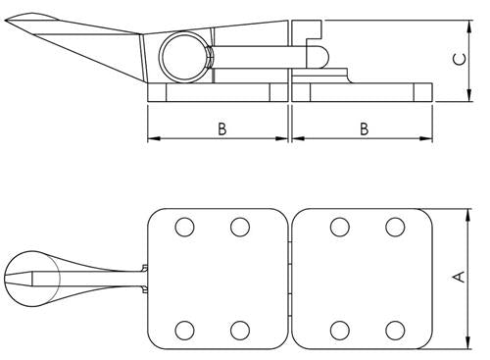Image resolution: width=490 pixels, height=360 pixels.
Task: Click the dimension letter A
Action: [457, 278]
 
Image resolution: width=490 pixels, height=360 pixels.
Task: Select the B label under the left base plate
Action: [222, 129]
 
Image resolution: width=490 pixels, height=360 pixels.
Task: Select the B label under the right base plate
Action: [364, 129]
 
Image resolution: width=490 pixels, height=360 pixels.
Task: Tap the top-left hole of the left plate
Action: [183, 228]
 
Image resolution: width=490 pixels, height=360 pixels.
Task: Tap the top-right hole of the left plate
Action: [239, 228]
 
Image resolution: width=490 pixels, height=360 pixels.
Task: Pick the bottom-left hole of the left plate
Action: [183, 328]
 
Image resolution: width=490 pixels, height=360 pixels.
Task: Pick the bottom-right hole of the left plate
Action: [239, 328]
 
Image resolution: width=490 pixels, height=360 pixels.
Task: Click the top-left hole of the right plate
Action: [339, 228]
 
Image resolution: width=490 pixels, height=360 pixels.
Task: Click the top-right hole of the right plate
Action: [395, 228]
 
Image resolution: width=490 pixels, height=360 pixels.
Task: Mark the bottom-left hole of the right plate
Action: [339, 328]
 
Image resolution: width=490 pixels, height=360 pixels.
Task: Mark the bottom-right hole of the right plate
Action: [395, 328]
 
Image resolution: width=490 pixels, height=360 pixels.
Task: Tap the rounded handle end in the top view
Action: [20, 279]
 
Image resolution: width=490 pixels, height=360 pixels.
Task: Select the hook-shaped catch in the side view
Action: [317, 50]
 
